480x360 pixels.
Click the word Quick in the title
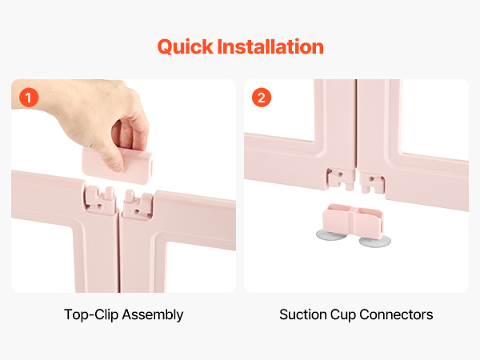186,47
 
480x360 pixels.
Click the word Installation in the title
270,46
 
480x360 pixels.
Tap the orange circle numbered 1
29,98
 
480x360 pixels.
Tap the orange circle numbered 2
262,98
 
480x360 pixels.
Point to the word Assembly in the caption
153,315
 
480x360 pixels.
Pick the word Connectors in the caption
397,314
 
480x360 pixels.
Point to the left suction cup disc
331,235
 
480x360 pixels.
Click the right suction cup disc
375,241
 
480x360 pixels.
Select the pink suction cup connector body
353,221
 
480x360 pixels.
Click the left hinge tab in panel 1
100,198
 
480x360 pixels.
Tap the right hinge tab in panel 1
138,204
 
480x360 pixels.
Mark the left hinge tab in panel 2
341,178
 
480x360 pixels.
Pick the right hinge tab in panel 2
372,183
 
